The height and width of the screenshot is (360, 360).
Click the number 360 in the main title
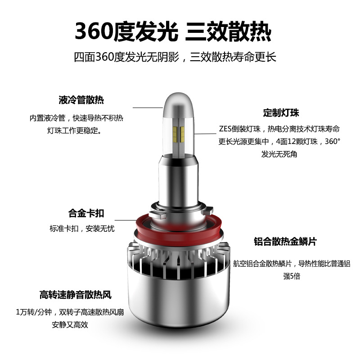point(94,31)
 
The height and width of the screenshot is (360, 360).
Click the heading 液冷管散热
point(81,100)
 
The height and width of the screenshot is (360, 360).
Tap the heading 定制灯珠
point(281,113)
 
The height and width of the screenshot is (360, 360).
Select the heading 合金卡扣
point(86,213)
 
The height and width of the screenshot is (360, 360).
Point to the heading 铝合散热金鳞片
point(285,242)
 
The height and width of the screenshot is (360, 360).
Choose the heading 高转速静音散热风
point(75,295)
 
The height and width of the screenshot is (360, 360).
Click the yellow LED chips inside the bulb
point(179,134)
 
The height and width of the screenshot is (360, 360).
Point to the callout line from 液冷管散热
point(148,108)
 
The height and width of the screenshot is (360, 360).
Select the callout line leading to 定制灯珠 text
point(205,134)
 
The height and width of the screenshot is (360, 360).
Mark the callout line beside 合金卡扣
point(126,220)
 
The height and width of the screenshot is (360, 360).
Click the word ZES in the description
point(225,129)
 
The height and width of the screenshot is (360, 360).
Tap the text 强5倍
point(292,276)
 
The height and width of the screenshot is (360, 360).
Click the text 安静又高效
point(70,324)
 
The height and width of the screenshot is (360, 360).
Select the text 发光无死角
point(279,154)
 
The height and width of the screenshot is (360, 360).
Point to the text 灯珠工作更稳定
point(74,130)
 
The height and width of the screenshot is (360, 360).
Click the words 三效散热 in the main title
point(228,31)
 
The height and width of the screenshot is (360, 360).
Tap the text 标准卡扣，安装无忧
point(82,229)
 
